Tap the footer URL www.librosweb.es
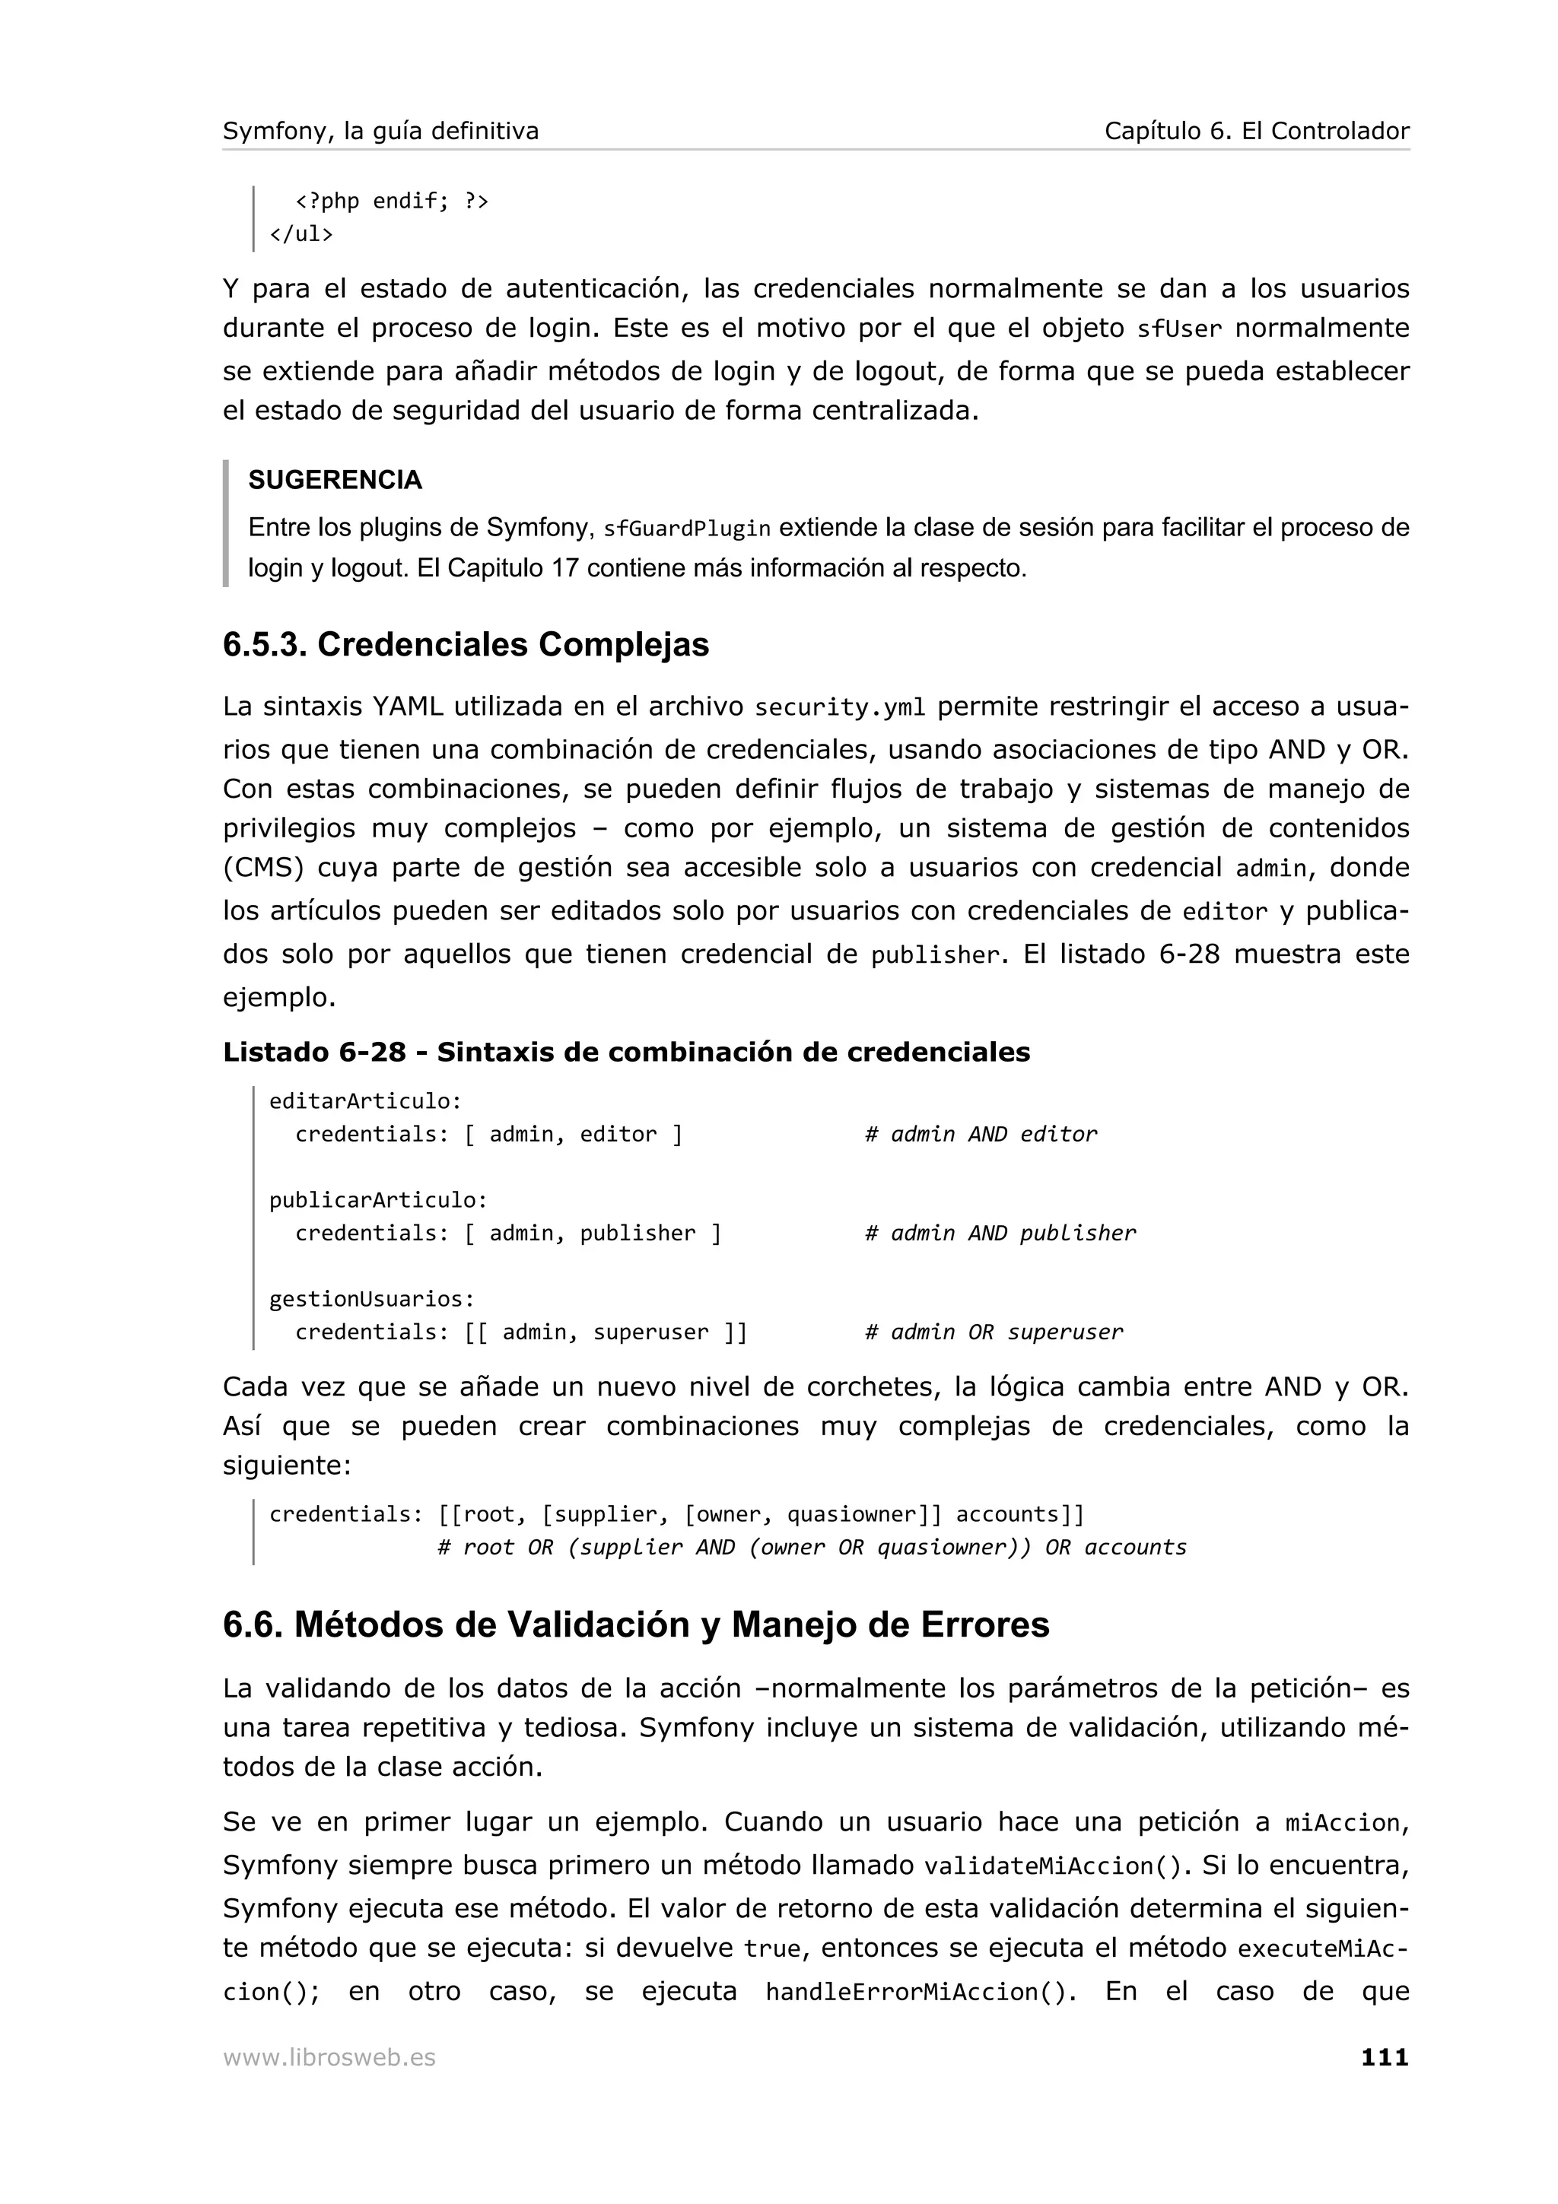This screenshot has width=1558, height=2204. (329, 2058)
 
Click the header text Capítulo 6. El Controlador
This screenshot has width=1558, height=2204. (1256, 132)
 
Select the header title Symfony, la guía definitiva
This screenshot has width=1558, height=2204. (381, 132)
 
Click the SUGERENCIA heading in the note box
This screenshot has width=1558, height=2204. (335, 480)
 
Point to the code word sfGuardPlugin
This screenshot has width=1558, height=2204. (686, 529)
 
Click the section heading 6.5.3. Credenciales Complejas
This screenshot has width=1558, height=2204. (466, 644)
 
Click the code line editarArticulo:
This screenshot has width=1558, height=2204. (366, 1101)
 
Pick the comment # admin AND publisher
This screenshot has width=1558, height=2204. (1000, 1234)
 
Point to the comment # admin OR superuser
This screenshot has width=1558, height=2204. (994, 1332)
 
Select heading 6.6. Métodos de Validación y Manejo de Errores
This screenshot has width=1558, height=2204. (635, 1625)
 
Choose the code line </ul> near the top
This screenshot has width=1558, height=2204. (301, 234)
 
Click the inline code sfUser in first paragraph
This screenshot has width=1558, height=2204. (1179, 330)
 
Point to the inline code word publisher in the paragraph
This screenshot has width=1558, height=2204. (935, 956)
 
